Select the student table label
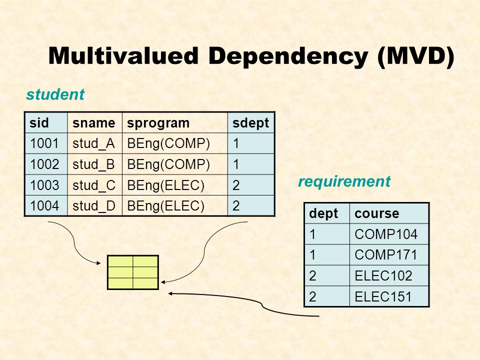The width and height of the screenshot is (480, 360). coord(55,94)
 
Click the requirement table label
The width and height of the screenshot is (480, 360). coord(344,181)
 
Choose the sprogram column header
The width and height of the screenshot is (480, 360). coord(158,123)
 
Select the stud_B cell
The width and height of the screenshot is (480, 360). coord(94,164)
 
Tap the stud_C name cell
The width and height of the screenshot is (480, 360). coord(94,185)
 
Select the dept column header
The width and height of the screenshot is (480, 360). coord(320,213)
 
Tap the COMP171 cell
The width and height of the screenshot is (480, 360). coord(378,255)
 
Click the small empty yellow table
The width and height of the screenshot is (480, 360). coord(133,272)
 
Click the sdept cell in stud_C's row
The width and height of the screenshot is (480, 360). coord(251,185)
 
